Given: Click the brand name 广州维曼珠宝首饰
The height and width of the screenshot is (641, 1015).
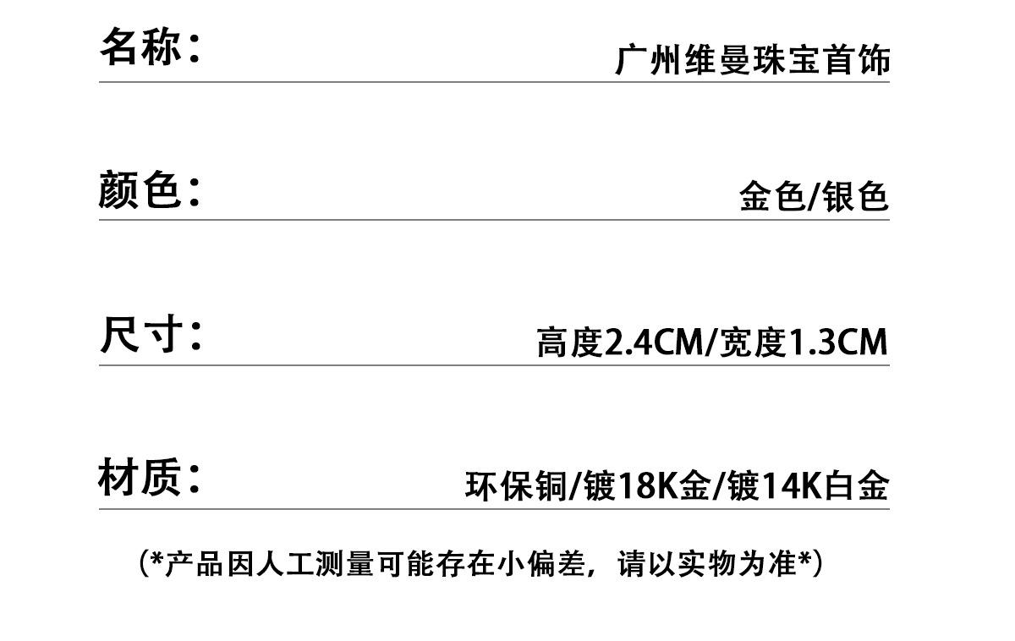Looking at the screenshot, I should click(752, 61).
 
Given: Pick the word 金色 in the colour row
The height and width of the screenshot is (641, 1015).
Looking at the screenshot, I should click(769, 197).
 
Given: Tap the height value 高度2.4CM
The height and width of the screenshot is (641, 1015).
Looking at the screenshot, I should click(619, 343).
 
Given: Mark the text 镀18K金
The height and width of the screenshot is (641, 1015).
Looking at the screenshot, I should click(646, 486).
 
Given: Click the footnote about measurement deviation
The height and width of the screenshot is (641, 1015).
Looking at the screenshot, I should click(480, 563).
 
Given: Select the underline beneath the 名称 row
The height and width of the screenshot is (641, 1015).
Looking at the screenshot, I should click(494, 82).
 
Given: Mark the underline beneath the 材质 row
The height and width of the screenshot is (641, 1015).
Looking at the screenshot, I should click(494, 509).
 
